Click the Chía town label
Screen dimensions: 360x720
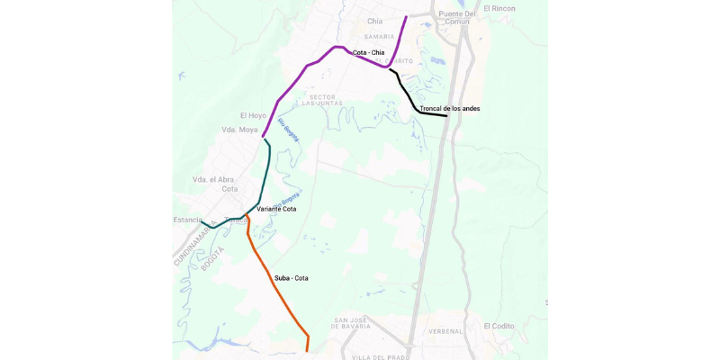click(x=375, y=21)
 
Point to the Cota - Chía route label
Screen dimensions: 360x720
click(x=368, y=53)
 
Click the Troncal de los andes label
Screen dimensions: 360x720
click(x=450, y=109)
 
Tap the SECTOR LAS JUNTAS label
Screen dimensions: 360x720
click(x=322, y=100)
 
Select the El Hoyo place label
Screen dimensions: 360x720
click(x=253, y=116)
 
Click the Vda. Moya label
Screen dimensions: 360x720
click(x=239, y=130)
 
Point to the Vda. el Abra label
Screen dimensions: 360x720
click(x=214, y=180)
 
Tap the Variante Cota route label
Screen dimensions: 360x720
click(x=276, y=209)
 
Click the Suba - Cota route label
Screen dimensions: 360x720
click(x=291, y=278)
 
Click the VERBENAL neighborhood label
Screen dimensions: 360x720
click(x=445, y=331)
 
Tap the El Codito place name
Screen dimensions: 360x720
click(x=499, y=326)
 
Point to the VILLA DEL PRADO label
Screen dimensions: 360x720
click(x=381, y=357)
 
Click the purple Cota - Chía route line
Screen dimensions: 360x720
click(x=306, y=67)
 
